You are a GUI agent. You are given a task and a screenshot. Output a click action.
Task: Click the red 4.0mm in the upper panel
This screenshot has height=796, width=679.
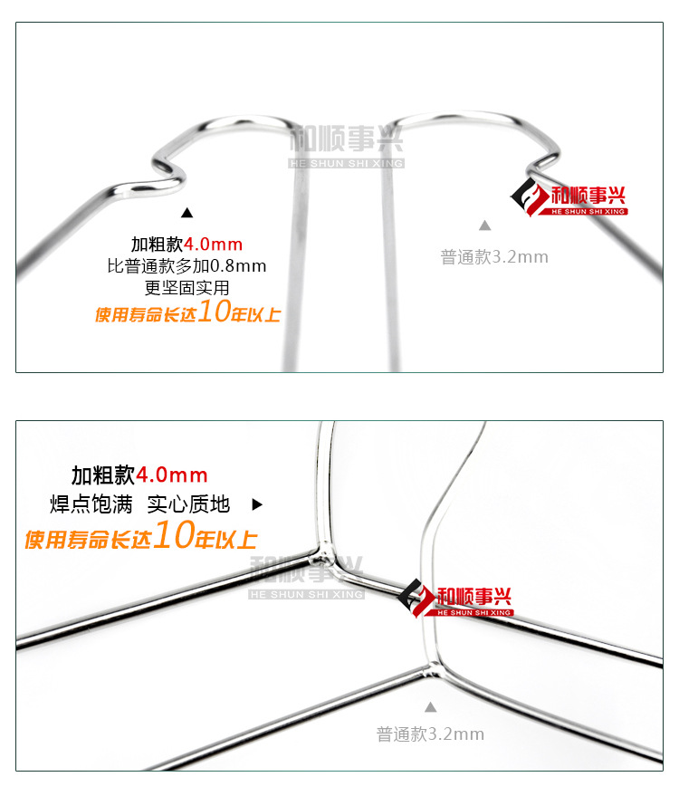(214, 245)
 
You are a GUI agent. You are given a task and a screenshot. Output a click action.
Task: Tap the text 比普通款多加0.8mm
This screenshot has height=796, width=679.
(186, 266)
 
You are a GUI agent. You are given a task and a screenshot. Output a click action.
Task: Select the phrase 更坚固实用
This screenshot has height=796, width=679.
(186, 288)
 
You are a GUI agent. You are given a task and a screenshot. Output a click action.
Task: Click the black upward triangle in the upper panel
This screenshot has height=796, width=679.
(187, 213)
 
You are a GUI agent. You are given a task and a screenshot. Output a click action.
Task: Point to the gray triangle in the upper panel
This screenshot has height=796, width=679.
(484, 225)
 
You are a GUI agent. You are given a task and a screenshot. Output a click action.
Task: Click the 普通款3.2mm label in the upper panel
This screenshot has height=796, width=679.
(494, 256)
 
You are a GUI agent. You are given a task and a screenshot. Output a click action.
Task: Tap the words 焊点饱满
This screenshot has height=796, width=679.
(91, 504)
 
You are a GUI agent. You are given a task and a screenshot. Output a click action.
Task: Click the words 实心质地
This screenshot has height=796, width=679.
(188, 504)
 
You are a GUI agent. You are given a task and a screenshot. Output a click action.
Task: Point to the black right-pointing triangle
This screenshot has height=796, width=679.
(257, 504)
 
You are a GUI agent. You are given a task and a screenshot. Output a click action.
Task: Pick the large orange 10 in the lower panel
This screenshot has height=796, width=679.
(172, 537)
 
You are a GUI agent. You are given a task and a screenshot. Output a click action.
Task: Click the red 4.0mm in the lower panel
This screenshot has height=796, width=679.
(172, 475)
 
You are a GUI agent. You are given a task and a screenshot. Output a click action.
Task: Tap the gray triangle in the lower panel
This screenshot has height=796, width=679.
(431, 706)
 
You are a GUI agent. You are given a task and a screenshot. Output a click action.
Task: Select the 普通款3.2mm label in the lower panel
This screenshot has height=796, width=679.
(430, 734)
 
